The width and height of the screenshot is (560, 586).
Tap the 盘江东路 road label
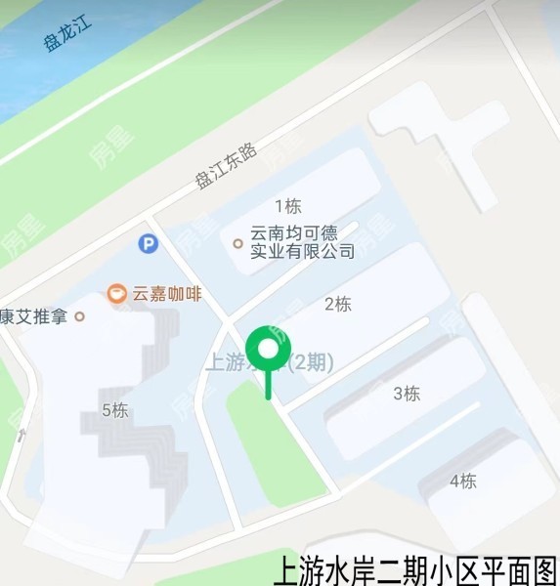click(x=225, y=164)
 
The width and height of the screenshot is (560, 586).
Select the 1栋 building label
click(x=287, y=206)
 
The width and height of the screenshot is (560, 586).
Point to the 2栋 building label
click(x=337, y=304)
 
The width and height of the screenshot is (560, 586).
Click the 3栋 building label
click(x=406, y=394)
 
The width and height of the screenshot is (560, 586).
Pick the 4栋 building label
click(x=462, y=481)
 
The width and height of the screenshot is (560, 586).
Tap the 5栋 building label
click(x=114, y=410)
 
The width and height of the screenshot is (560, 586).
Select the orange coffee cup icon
click(x=116, y=293)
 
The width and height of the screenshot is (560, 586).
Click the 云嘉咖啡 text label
click(x=166, y=293)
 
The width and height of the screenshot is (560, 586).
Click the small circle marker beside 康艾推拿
click(x=80, y=316)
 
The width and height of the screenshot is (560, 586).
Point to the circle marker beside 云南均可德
click(x=237, y=243)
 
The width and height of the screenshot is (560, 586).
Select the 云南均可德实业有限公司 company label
click(x=302, y=242)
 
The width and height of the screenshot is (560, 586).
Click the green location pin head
click(x=268, y=350)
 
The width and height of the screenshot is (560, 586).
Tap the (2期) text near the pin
click(x=312, y=362)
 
